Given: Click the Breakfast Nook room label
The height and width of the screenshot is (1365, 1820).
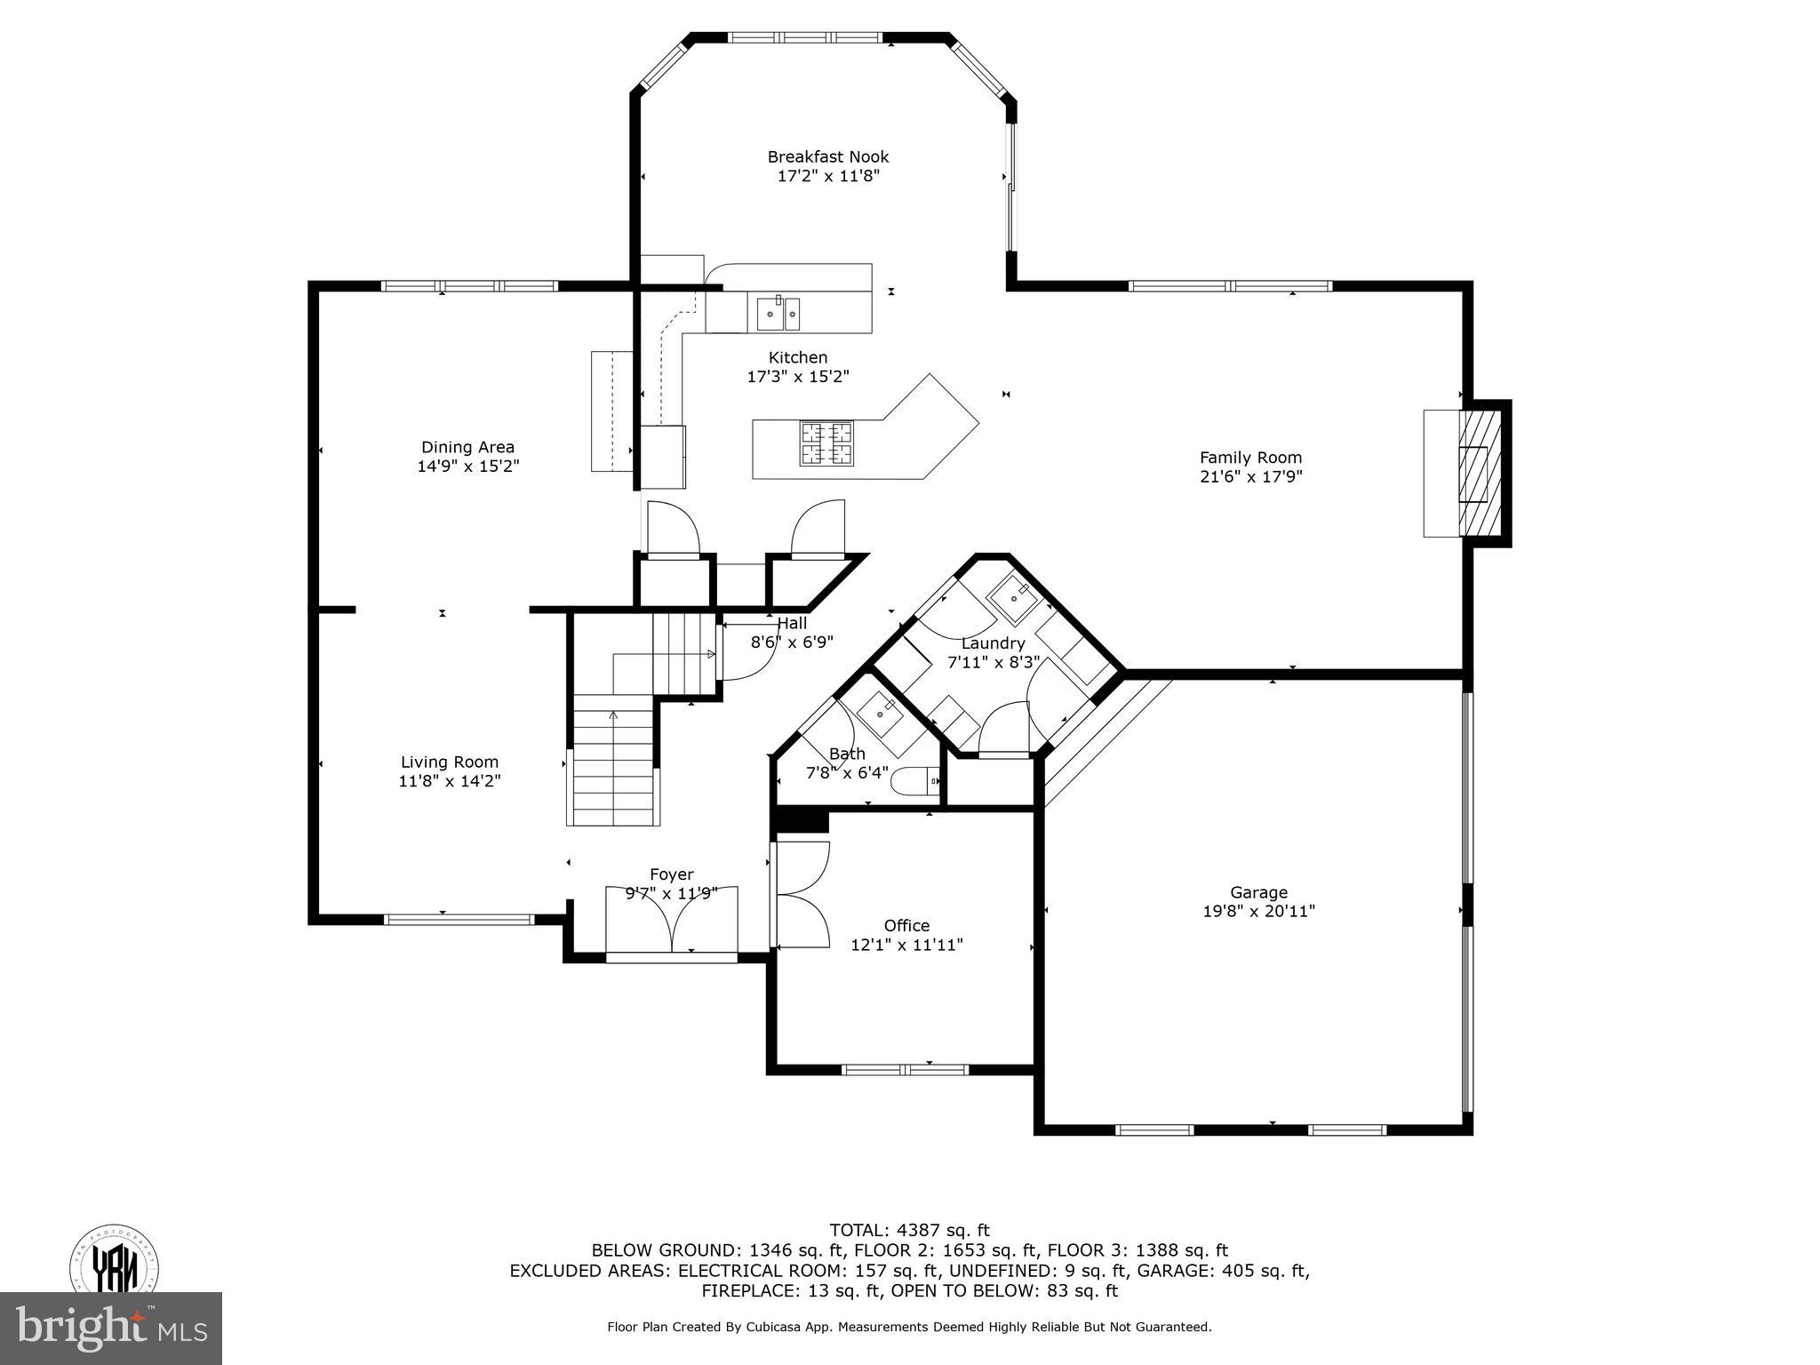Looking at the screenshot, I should point(827,157).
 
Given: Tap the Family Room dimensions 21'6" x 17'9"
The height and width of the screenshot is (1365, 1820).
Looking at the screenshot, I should point(1250,477).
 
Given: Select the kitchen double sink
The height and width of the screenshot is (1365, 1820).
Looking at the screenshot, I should point(779,314).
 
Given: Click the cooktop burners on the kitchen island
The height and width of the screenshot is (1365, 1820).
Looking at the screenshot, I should point(826,443).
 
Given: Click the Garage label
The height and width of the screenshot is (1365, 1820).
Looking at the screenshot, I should point(1258,892).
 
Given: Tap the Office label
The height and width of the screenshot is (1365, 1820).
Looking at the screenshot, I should point(906,925).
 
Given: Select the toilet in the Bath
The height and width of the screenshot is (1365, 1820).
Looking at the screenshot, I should point(915,781).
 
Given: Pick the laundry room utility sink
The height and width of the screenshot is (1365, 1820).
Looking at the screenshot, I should point(1014,598).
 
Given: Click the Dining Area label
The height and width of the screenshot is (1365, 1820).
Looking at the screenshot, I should point(467,447).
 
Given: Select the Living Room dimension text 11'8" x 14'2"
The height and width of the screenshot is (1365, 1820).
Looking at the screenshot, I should point(450,781).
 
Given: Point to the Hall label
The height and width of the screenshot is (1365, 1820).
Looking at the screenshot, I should point(792,624).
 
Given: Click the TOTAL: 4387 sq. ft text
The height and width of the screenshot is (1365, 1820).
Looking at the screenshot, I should point(909,1230).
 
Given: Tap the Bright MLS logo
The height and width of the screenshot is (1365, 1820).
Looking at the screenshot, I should point(111,1329).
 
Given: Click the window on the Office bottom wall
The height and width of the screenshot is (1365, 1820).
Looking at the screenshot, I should point(905,1069).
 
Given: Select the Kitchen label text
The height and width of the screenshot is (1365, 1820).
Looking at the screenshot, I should point(798,357).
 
